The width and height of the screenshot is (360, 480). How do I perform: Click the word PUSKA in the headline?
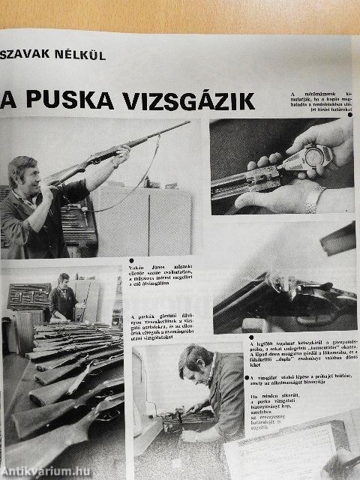[x=67, y=100]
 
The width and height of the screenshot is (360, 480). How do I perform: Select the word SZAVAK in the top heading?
[x=28, y=54]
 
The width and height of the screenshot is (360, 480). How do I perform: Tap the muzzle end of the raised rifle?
[x=187, y=123]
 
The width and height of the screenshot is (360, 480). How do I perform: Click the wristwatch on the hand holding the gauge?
[x=314, y=199]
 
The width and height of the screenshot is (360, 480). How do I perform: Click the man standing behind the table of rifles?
[x=63, y=296]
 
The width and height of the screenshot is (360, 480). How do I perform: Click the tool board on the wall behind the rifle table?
[x=28, y=296]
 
